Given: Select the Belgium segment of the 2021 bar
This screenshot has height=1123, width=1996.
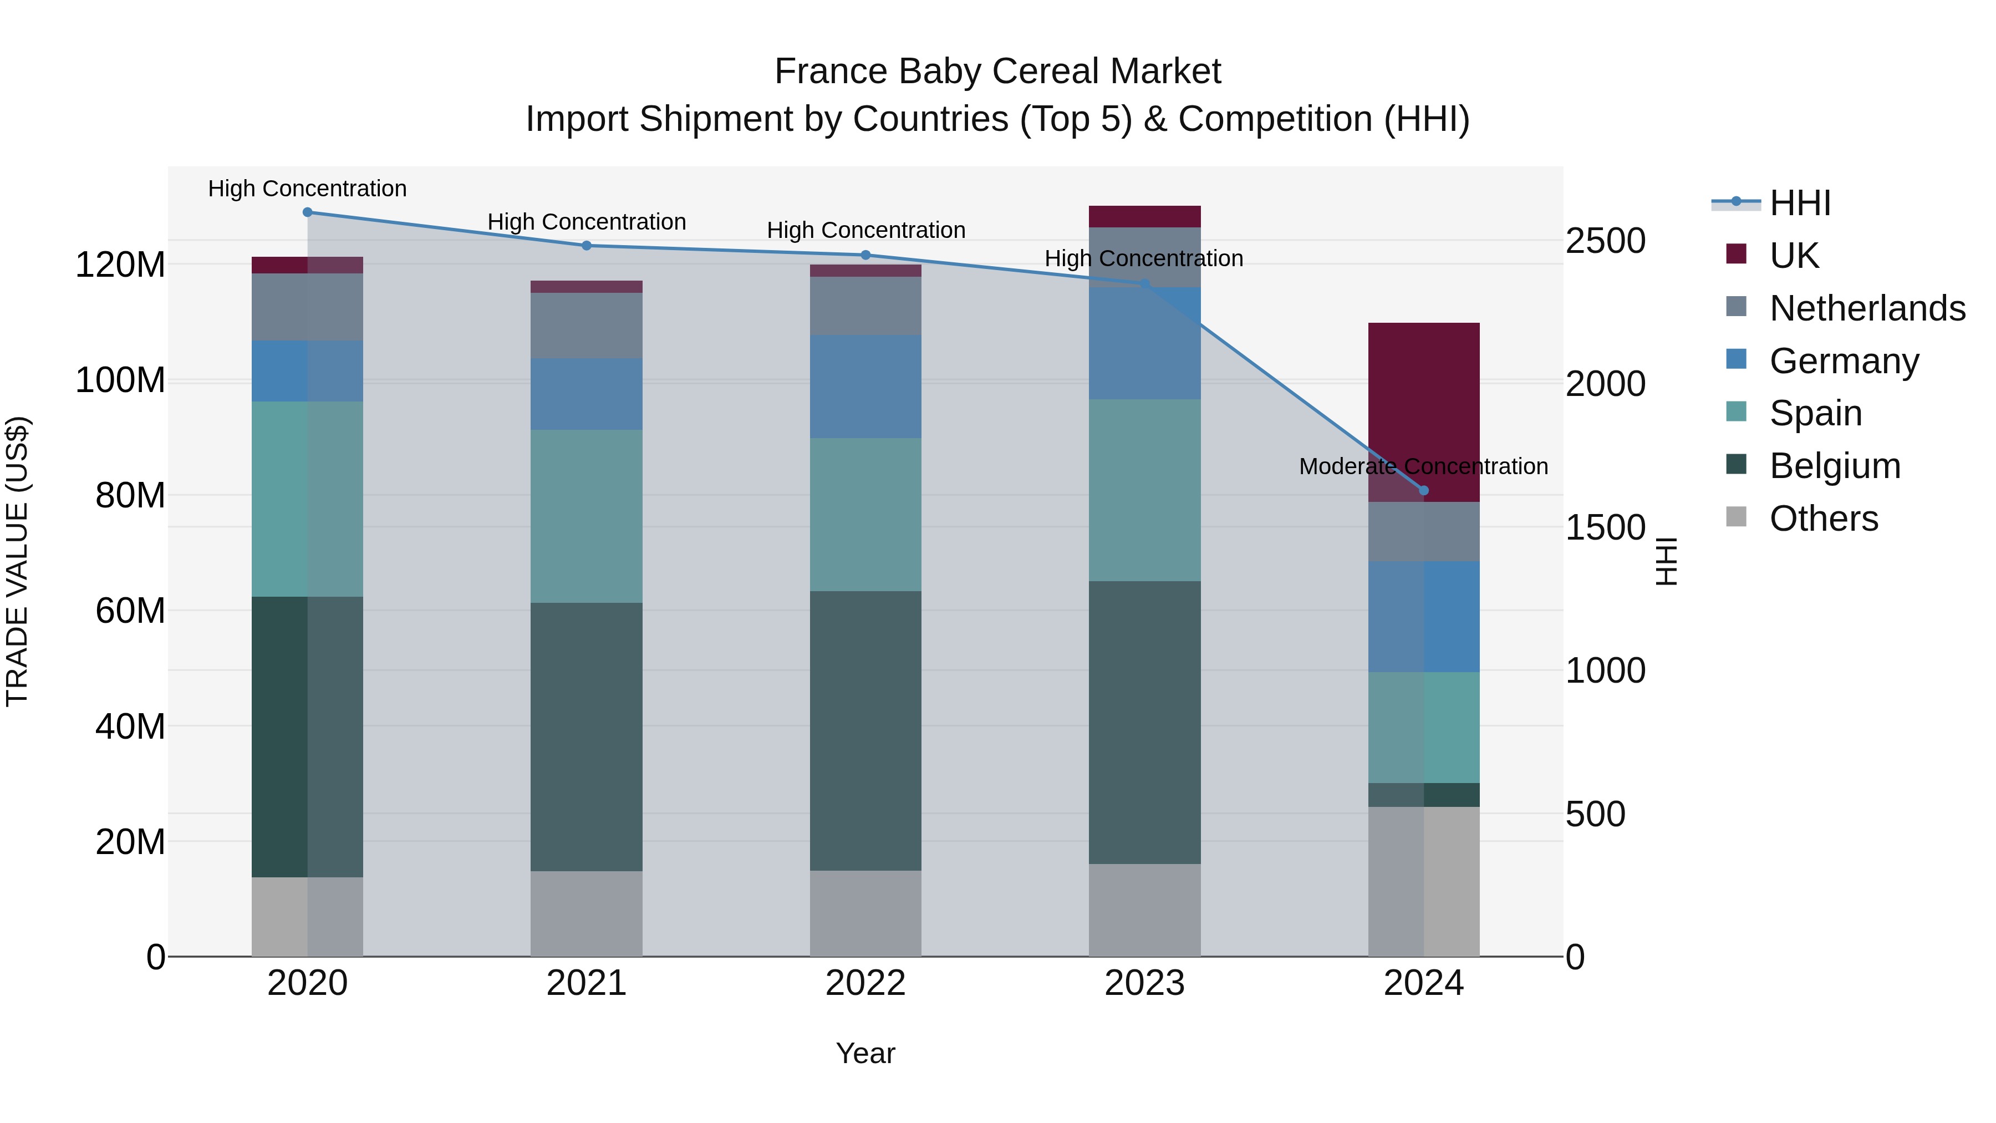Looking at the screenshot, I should point(587,736).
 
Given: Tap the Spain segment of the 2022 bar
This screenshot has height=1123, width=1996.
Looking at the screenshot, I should point(865,514).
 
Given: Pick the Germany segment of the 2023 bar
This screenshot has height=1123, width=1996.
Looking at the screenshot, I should point(1144,343).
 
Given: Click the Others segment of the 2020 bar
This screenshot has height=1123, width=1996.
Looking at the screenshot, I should point(308,916).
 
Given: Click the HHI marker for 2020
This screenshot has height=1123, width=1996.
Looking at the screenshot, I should point(308,212).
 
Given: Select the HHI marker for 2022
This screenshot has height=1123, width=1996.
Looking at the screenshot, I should point(865,255).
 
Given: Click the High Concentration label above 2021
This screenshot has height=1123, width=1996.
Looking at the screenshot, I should point(587,222).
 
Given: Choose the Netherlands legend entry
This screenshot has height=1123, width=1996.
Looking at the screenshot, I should point(1867,308).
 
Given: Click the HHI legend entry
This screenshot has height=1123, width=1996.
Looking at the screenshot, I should point(1799,203).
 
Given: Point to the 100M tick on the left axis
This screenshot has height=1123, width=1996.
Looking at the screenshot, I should point(120,380).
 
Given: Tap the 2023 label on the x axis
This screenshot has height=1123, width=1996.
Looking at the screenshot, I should point(1144,983).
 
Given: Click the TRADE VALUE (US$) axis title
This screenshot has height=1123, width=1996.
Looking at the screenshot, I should point(17,561).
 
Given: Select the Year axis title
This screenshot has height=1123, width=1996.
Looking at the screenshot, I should point(865,1053).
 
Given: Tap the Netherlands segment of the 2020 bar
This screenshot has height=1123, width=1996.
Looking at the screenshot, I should point(308,307).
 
